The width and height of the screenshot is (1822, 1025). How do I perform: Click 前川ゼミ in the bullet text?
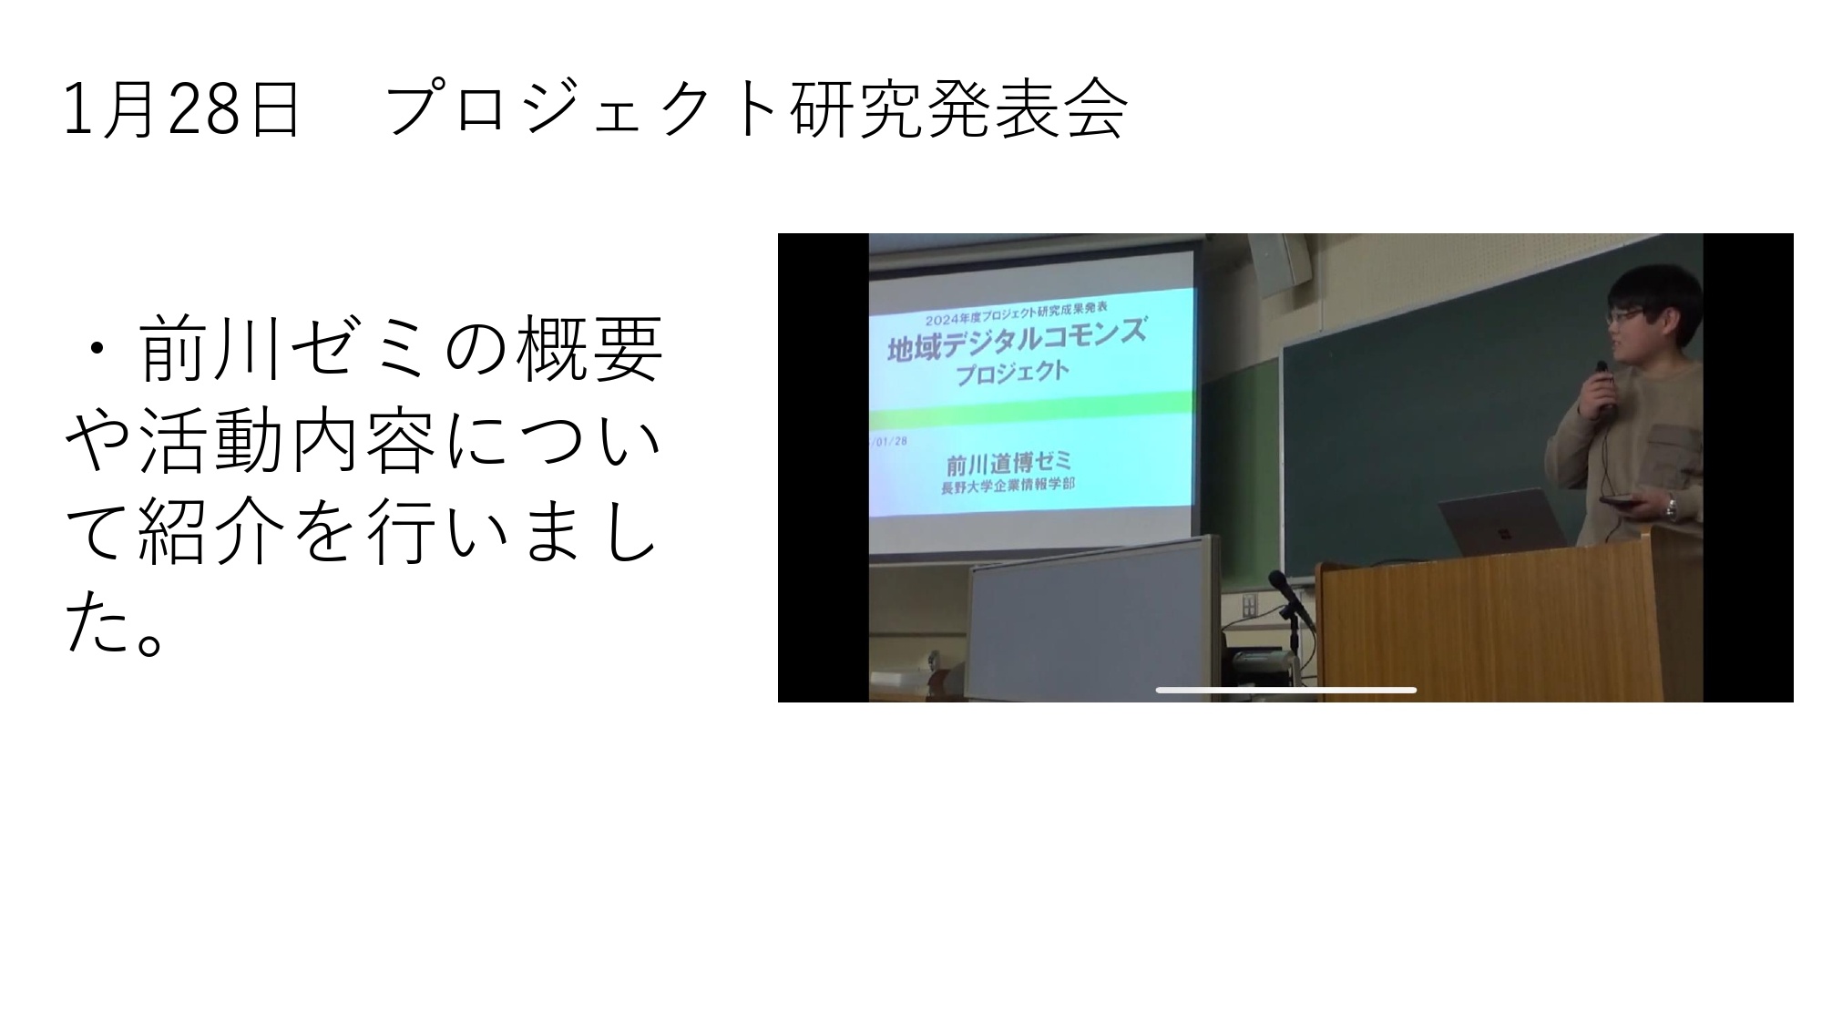(284, 350)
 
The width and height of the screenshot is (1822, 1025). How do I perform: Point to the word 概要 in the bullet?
(589, 350)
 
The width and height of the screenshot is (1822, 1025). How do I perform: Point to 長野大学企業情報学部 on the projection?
(1008, 485)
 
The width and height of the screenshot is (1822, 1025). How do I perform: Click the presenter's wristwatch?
(1672, 507)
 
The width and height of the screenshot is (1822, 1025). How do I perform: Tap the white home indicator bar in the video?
(1285, 690)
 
